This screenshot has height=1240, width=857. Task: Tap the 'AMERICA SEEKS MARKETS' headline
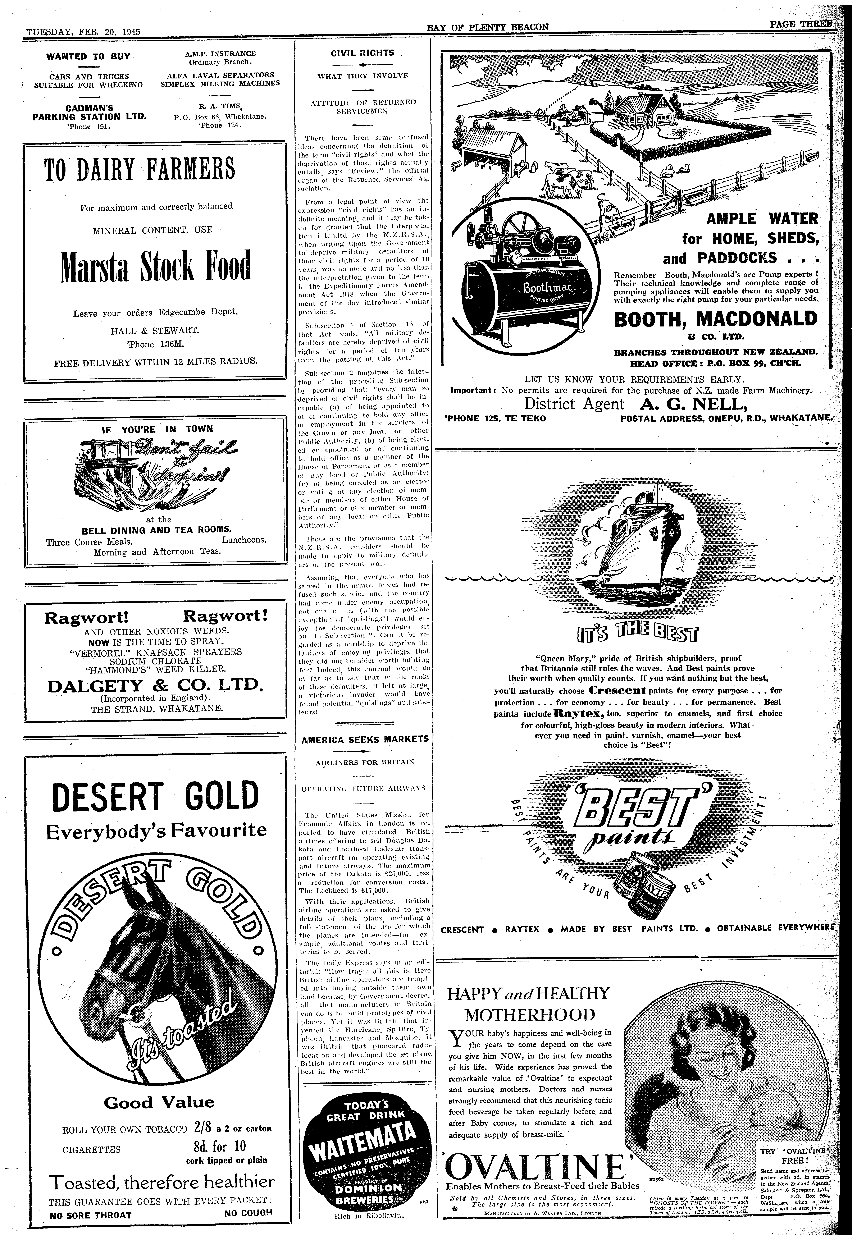[x=365, y=739]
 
